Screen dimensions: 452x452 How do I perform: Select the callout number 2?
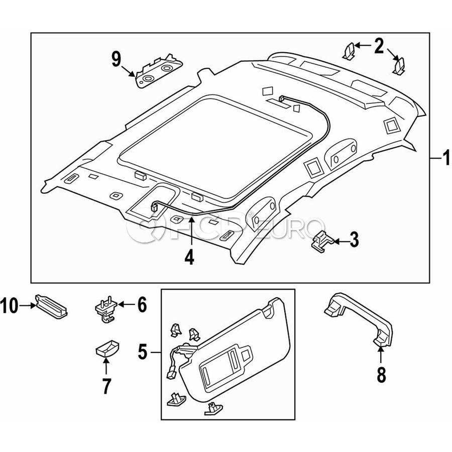(x=378, y=47)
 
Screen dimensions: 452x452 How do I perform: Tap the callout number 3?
(x=354, y=241)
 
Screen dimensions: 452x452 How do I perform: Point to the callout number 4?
(x=189, y=257)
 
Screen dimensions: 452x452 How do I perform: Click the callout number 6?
(x=142, y=304)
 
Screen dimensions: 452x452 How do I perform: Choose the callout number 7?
(x=106, y=386)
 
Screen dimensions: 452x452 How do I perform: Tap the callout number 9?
(x=116, y=60)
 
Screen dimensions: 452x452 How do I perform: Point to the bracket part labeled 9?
(x=158, y=72)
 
